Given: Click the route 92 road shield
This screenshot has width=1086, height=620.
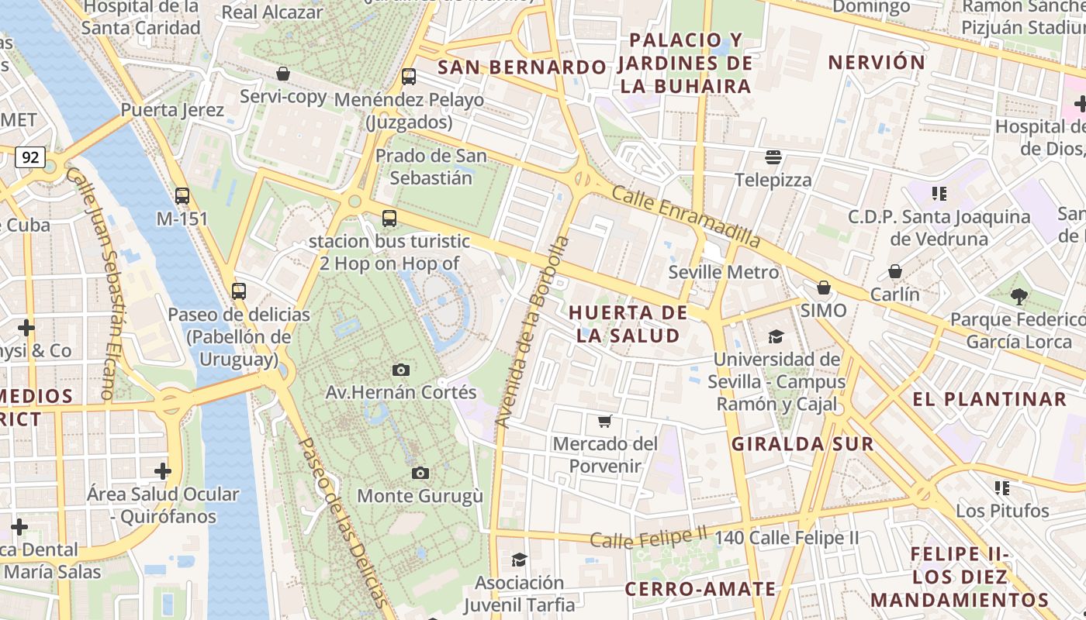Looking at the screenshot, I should [x=30, y=158].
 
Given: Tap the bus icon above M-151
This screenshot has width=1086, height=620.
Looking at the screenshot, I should [x=182, y=196].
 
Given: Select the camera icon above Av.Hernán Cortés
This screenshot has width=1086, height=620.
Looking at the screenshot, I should [x=400, y=370].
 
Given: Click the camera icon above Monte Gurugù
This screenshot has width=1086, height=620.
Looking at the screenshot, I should [x=420, y=473].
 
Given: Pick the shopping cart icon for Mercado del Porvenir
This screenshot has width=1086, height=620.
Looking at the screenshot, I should [x=605, y=421].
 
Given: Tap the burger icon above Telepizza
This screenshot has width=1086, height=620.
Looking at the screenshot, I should [x=773, y=157].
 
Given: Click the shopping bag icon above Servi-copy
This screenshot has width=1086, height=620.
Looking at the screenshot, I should [x=283, y=74].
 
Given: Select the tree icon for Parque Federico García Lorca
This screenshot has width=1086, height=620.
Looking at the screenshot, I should [x=1019, y=296].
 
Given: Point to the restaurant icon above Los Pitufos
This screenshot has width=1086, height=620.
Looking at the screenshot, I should [x=1002, y=487].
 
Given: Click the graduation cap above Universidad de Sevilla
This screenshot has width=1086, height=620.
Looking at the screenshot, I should [x=776, y=336].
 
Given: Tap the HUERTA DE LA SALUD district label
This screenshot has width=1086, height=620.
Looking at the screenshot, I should [x=628, y=324].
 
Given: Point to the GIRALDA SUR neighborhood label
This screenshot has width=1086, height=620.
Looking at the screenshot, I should [x=803, y=444].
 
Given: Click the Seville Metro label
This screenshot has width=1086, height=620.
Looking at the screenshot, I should [x=723, y=272].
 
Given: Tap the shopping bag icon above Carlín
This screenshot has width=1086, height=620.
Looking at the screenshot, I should [x=895, y=271].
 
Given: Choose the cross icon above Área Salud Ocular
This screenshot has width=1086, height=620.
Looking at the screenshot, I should [x=163, y=470].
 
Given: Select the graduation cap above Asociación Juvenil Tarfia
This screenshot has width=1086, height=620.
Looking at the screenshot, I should [x=519, y=560].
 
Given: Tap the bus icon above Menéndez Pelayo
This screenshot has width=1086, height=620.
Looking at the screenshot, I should [x=409, y=77].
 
